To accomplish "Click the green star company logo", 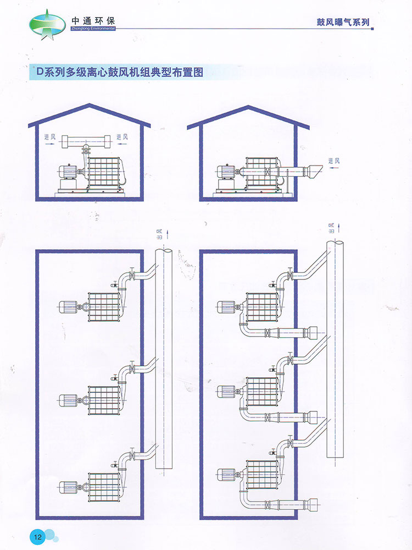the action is click(x=47, y=25).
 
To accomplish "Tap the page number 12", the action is click(x=37, y=537).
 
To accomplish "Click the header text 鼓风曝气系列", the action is click(x=343, y=22).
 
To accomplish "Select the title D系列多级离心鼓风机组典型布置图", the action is click(x=120, y=72).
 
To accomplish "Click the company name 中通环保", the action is click(x=93, y=20).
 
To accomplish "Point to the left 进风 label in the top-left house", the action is click(x=50, y=137).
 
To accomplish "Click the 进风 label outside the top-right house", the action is click(x=334, y=161).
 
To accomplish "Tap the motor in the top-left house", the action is click(x=68, y=172).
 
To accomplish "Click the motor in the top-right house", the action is click(x=226, y=172).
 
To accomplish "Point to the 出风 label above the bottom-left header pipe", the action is click(x=160, y=234).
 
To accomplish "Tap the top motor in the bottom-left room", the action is click(x=68, y=307).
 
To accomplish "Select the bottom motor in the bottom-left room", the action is click(x=68, y=487).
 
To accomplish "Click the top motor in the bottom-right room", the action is click(x=227, y=307).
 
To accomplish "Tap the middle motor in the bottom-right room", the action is click(x=227, y=392).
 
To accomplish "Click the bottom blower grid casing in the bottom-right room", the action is click(x=263, y=475).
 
